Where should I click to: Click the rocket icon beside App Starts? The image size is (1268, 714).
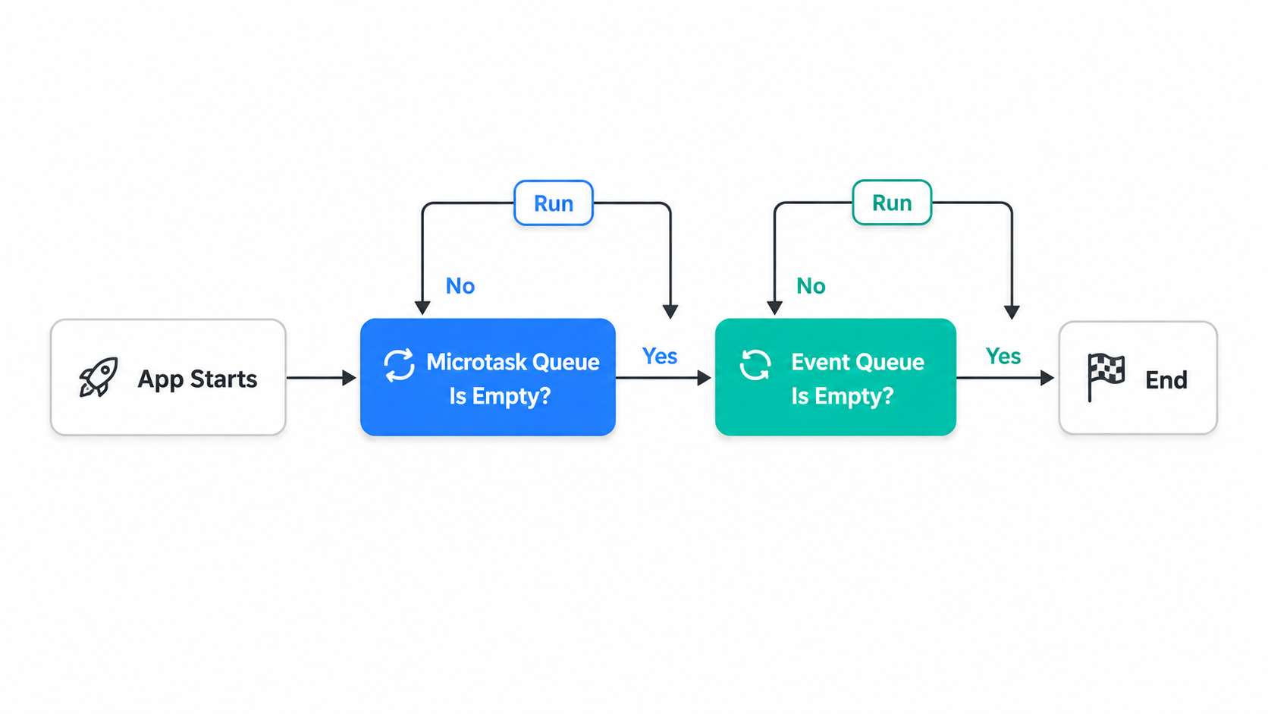coord(99,376)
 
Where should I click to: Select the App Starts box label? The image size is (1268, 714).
coord(197,379)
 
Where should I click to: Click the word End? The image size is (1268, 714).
coord(1166,380)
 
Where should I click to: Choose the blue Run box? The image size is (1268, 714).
coord(553,203)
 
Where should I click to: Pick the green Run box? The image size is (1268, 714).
coord(892,202)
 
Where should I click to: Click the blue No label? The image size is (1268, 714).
coord(460,286)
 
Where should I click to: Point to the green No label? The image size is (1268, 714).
coord(811,286)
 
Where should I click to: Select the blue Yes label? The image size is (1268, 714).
coord(660,356)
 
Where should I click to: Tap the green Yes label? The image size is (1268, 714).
coord(1003,356)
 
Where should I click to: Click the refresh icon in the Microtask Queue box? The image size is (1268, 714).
coord(399,365)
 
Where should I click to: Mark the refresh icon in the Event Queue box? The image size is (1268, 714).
coord(755,365)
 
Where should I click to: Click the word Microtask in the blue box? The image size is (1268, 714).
coord(472,362)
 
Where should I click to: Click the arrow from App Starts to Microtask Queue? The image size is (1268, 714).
coord(321,378)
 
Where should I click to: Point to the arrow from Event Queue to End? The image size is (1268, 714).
coord(1006,378)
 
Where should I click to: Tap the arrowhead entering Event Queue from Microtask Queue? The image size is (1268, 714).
coord(705,378)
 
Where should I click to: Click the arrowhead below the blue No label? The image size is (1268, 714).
coord(422,308)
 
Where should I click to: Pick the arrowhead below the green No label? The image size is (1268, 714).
coord(774,308)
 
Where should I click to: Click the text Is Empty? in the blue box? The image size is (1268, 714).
coord(500,396)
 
